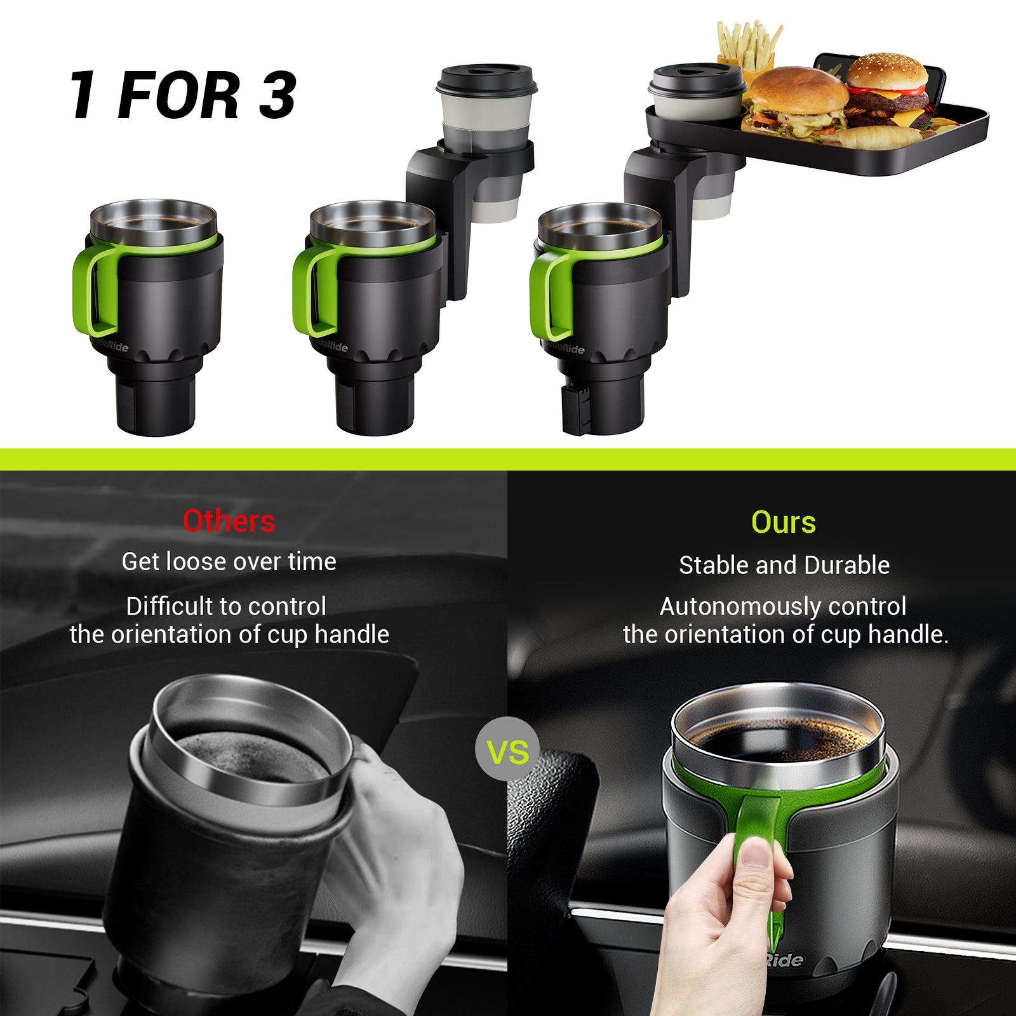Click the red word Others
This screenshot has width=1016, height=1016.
[x=229, y=521]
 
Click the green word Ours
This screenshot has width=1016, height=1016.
[x=783, y=523]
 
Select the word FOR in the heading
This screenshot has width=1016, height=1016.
[x=178, y=95]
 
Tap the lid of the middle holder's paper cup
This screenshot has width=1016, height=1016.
[x=486, y=79]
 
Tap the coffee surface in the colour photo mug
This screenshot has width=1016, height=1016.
[x=778, y=740]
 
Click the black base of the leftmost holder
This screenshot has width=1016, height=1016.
[x=156, y=403]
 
